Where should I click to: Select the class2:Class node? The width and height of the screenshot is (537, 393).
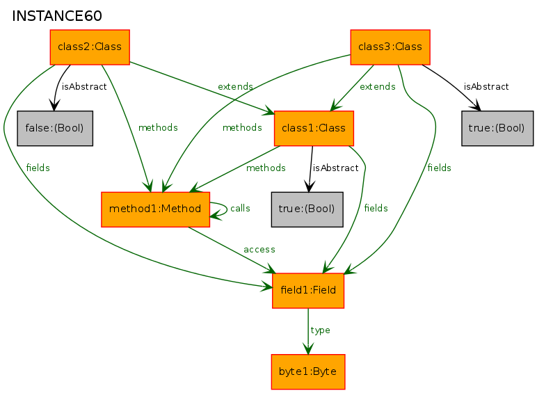pos(90,47)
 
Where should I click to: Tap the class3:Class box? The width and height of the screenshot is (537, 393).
pos(390,47)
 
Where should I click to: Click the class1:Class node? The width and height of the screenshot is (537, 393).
pos(314,129)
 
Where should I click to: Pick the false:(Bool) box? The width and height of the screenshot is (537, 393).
pos(55,128)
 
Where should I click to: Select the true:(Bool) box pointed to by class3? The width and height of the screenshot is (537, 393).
pos(497,128)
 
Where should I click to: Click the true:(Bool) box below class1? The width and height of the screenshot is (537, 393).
pos(307,209)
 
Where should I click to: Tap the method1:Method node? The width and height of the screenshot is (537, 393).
pos(155,209)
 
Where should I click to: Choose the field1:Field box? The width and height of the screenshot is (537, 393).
pos(308,290)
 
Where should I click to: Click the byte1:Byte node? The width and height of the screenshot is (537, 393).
pos(307,371)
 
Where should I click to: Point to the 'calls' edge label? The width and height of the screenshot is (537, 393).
pos(240,208)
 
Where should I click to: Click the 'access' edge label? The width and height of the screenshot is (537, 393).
pos(259,249)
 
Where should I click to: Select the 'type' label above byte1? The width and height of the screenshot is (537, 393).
pos(320,330)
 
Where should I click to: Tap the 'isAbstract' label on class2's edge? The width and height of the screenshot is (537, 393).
pos(84,87)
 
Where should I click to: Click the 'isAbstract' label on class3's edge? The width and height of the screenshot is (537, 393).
pos(486,87)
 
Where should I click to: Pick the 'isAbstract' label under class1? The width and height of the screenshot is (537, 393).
pos(336,168)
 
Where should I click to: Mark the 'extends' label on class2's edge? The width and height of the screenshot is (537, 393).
pos(235,87)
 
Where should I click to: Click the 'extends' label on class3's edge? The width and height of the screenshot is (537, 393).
pos(377,87)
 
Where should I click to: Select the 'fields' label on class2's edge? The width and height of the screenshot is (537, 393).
pos(38,168)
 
